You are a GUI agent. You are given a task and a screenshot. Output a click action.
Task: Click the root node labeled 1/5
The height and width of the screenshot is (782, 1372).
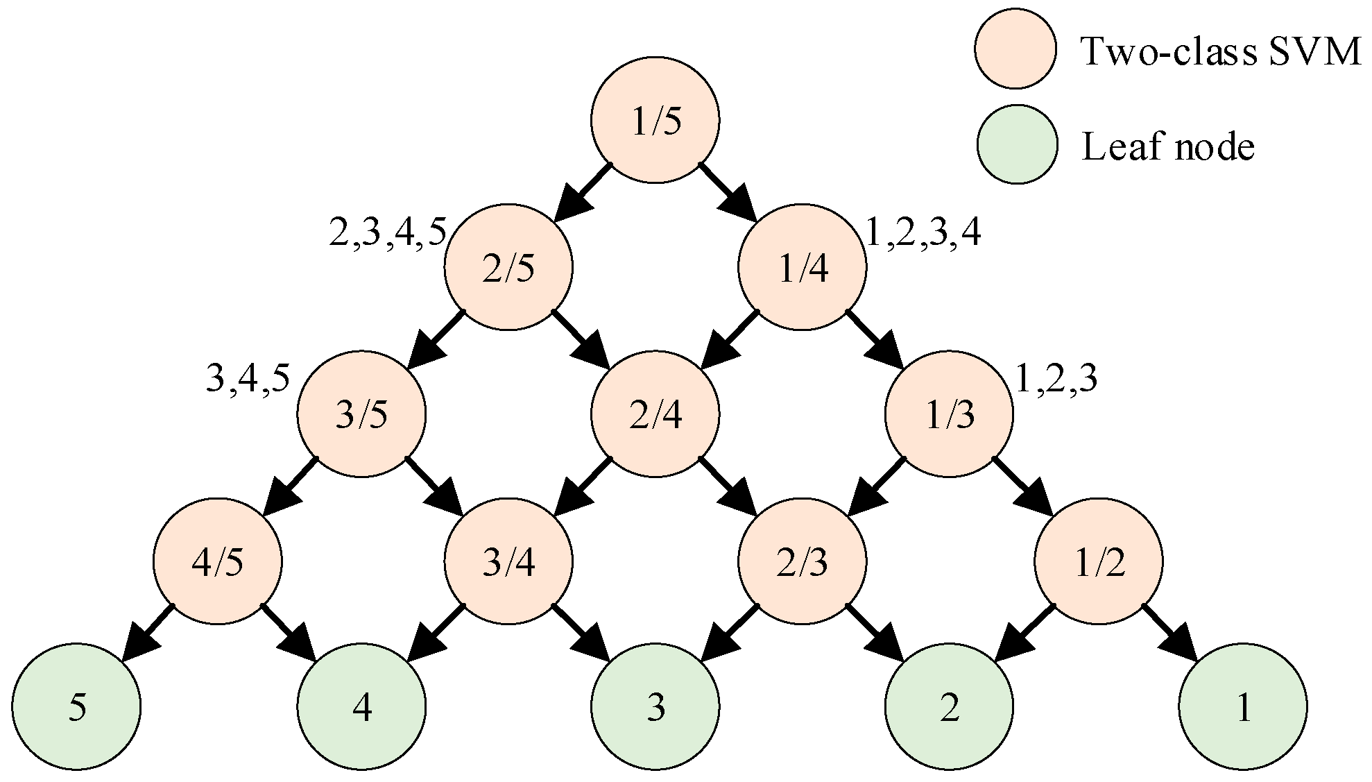(655, 121)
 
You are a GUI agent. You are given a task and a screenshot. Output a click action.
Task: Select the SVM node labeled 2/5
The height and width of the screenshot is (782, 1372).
(508, 268)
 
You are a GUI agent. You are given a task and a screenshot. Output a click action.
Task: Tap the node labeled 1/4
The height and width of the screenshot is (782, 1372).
(803, 268)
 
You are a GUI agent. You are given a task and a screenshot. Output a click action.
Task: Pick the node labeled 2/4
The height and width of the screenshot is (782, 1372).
(655, 414)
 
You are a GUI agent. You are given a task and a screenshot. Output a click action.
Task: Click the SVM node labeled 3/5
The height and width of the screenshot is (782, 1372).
(361, 414)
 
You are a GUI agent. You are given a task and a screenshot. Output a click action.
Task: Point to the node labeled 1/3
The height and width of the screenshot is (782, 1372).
(949, 414)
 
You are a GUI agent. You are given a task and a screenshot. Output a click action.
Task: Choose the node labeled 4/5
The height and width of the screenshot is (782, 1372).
(218, 561)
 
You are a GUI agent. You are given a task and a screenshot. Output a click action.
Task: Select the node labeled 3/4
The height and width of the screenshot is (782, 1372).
(508, 561)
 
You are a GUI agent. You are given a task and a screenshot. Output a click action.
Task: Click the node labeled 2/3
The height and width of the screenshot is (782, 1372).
(803, 561)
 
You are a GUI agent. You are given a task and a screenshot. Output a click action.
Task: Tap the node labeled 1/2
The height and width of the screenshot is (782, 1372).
(1099, 561)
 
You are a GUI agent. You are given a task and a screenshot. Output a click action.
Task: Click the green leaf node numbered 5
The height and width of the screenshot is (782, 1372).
(76, 708)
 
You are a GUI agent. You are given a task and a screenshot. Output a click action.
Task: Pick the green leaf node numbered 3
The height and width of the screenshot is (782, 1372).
(655, 708)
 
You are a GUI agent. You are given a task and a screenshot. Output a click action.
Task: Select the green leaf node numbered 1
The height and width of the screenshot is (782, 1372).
(1243, 708)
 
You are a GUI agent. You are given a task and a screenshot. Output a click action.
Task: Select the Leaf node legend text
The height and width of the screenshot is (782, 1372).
(1168, 147)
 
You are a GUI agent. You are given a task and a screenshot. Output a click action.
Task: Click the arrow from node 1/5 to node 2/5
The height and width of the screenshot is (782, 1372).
(583, 192)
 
